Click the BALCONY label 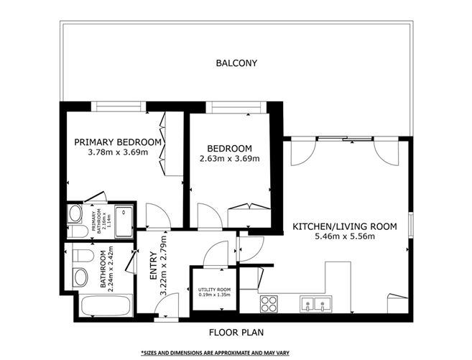point(236,63)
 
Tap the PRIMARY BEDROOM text point(117,142)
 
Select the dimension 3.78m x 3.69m point(117,152)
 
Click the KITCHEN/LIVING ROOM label point(344,226)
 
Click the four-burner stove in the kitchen point(269,305)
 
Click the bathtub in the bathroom point(104,305)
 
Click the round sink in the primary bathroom point(74,213)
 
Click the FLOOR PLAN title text point(236,333)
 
